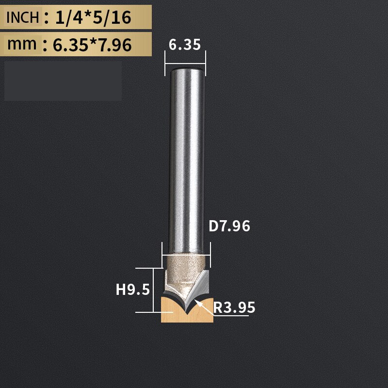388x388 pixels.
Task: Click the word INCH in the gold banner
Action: point(22,17)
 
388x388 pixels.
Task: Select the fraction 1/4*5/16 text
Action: point(93,18)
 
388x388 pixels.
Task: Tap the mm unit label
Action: point(22,44)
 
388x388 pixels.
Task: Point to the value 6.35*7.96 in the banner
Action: point(92,45)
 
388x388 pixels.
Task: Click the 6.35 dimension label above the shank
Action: point(185,45)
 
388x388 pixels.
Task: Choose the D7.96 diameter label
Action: point(229,226)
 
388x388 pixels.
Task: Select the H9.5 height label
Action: point(133,290)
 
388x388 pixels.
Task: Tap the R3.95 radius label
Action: point(234,307)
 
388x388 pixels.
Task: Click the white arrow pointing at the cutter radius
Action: point(205,307)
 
